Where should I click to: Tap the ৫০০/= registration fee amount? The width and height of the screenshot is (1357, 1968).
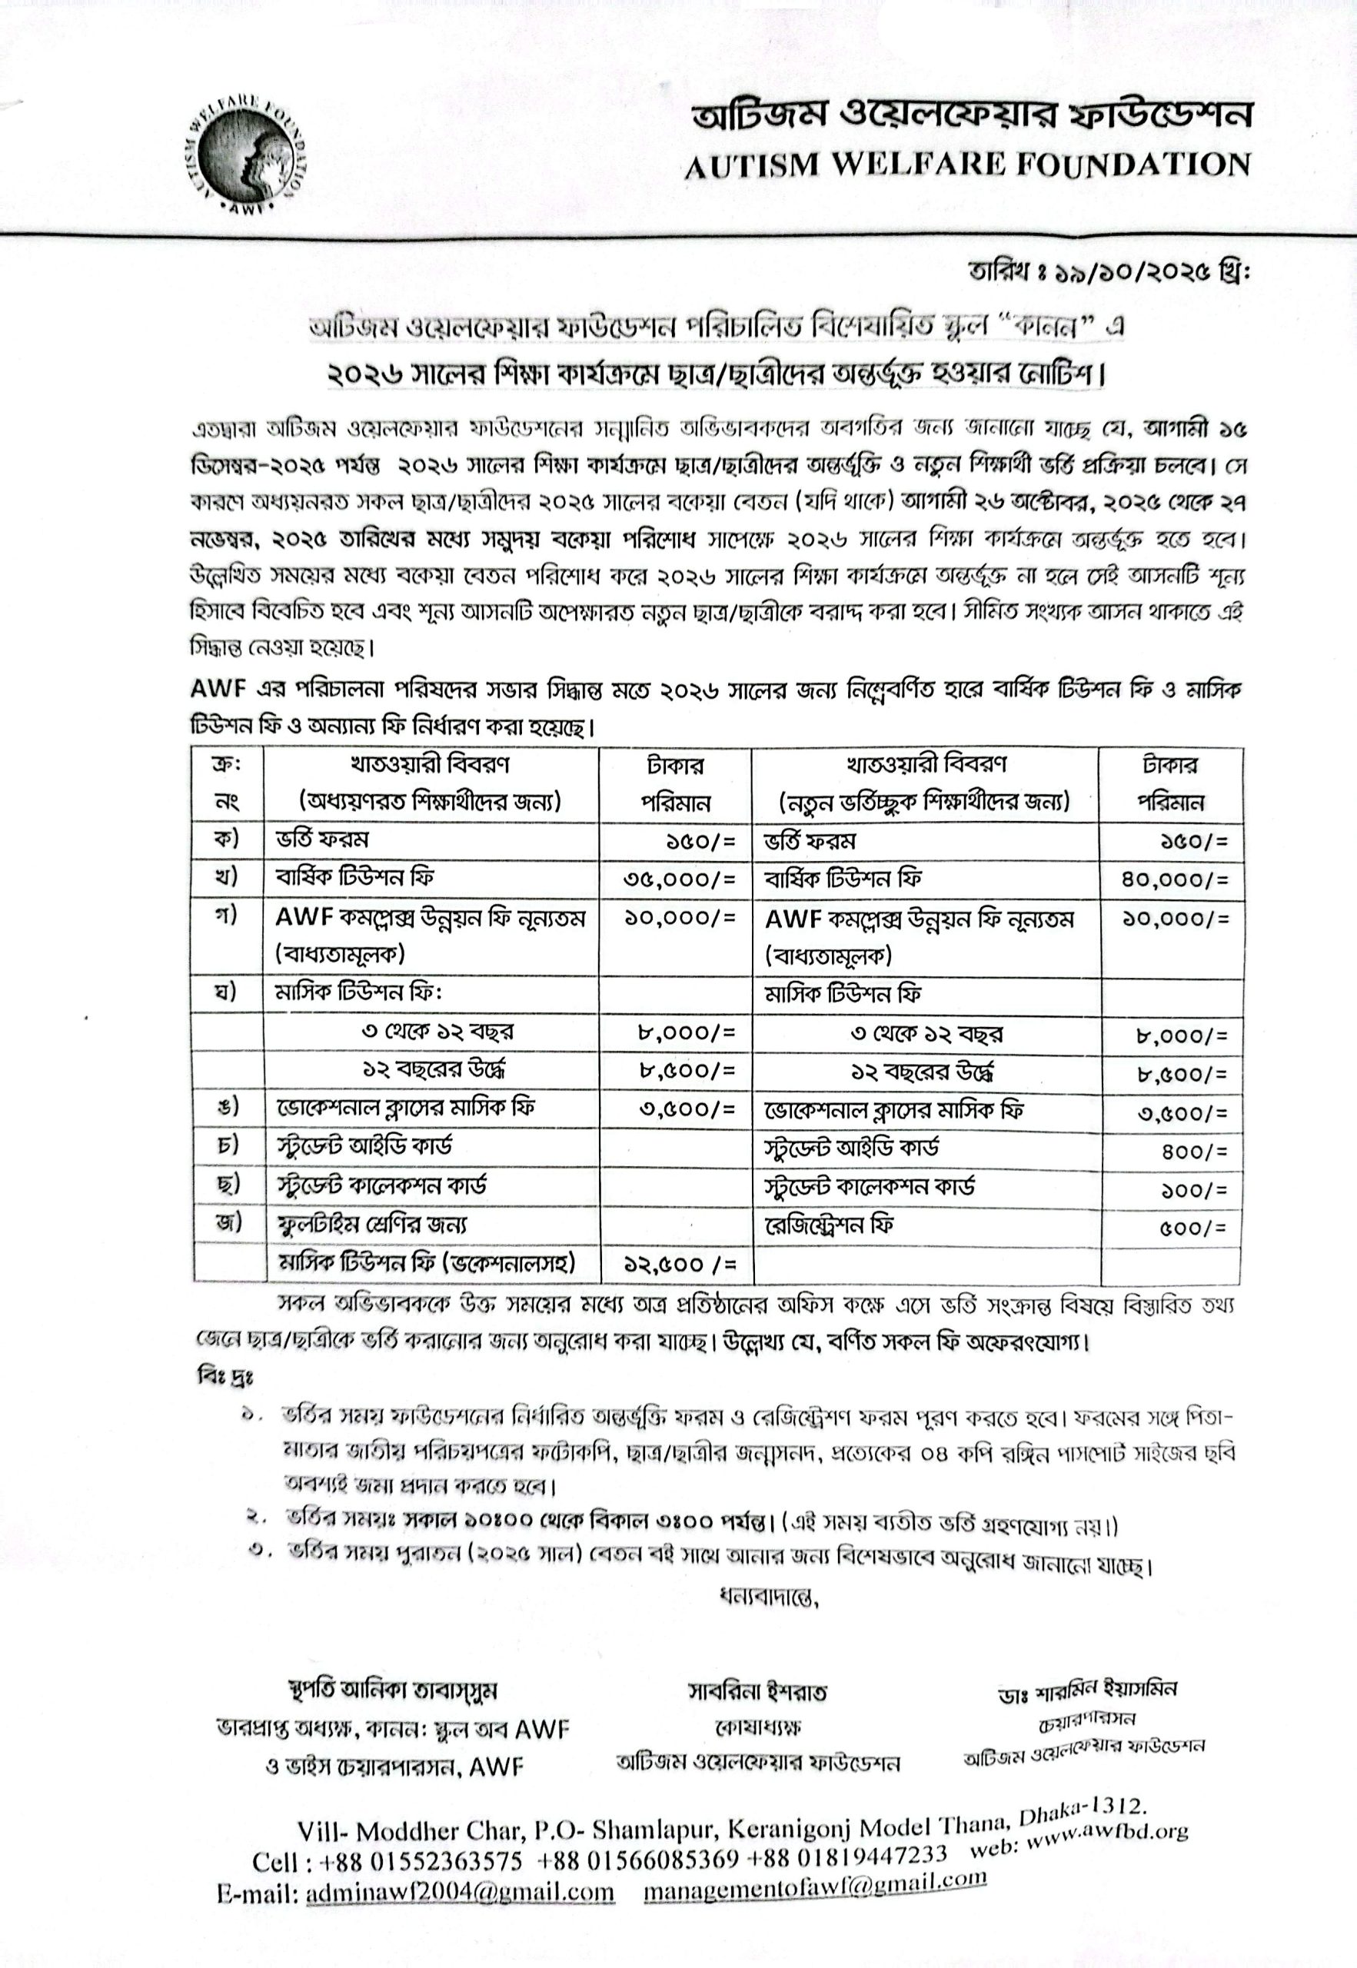(1195, 1228)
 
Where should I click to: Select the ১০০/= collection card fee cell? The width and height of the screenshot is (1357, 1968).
(1195, 1190)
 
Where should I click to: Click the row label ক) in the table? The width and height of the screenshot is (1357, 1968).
(227, 839)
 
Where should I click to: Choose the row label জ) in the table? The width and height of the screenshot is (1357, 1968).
(227, 1223)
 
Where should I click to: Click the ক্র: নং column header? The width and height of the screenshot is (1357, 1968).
(227, 783)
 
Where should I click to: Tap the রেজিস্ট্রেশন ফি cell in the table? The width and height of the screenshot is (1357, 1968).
(828, 1225)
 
